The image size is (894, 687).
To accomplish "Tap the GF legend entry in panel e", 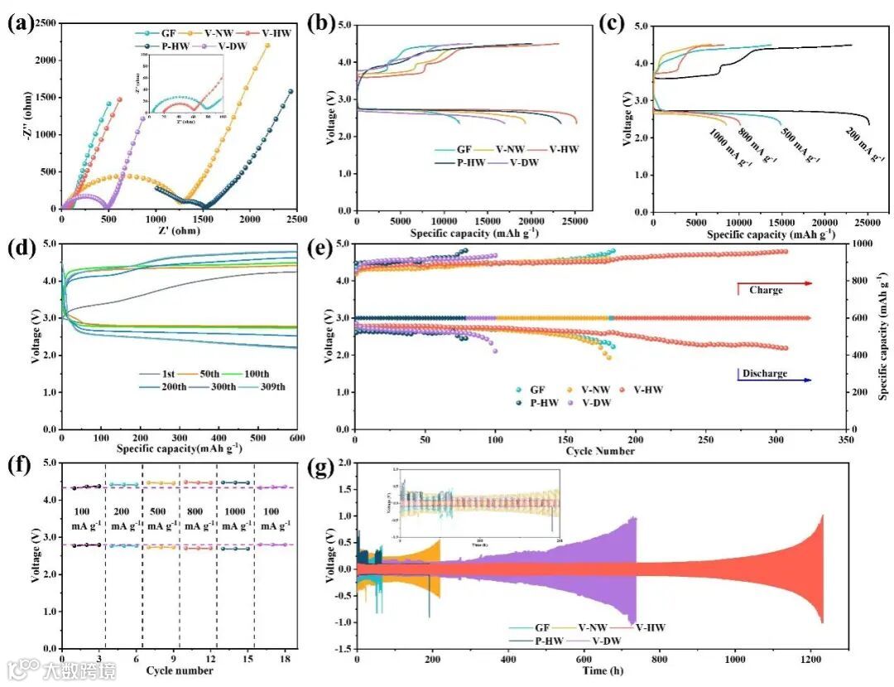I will (x=537, y=389).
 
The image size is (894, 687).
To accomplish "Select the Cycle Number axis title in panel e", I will (x=600, y=452).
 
